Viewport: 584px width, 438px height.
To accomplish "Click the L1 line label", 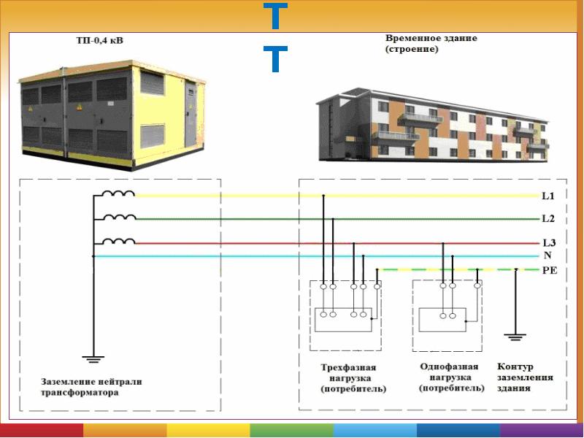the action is point(548,196).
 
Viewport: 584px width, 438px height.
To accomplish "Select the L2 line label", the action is point(548,218).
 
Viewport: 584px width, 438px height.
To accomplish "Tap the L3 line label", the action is point(549,243).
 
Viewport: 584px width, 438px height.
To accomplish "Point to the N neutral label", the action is point(547,255).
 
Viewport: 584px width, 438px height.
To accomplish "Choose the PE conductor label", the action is point(550,270).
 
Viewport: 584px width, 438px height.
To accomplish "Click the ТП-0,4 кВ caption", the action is point(99,40).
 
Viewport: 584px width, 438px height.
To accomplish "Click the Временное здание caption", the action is point(431,38).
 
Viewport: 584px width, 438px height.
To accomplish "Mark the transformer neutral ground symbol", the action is point(93,359).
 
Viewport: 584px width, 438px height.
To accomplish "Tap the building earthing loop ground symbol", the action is point(515,337).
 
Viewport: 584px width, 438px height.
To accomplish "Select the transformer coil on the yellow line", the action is point(118,193).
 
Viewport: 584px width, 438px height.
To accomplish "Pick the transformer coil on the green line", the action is point(119,217).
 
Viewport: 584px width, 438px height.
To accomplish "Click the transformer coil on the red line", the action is point(118,242).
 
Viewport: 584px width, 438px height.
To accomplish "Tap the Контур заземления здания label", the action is point(525,377).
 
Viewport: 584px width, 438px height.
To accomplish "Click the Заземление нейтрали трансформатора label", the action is point(92,387).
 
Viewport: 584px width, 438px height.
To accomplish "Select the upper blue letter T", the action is point(275,16).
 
